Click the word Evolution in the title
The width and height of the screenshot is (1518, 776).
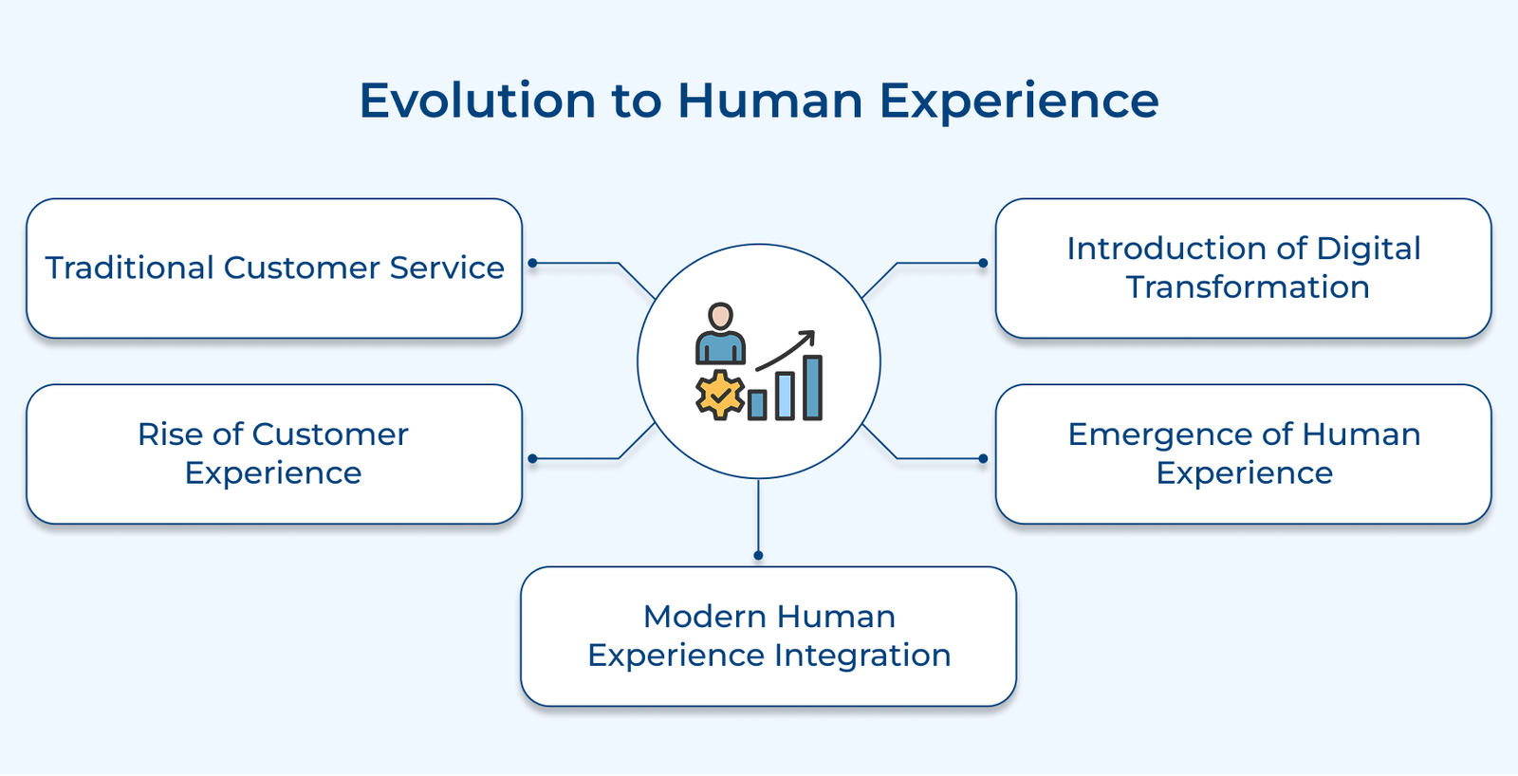click(477, 101)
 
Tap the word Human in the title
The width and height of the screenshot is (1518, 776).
click(769, 101)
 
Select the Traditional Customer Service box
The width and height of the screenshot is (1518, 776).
click(274, 268)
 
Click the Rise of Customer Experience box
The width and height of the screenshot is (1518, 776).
click(274, 453)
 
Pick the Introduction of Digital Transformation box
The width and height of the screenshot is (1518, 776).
click(1243, 268)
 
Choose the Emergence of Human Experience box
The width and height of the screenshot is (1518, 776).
click(1243, 453)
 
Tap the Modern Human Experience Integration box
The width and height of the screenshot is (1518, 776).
click(768, 637)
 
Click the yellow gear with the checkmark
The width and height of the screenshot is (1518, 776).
click(720, 394)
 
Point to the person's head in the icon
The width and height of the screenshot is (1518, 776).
click(721, 316)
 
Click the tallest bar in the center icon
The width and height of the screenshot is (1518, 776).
click(813, 387)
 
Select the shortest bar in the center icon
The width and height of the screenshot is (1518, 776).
click(757, 405)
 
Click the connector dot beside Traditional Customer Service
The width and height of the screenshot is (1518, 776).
click(533, 263)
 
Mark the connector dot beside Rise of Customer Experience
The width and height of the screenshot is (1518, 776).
click(533, 459)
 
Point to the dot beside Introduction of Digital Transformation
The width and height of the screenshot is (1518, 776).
click(983, 263)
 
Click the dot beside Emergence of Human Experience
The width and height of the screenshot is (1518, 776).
click(983, 459)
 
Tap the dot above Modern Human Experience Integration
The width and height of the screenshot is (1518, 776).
click(758, 555)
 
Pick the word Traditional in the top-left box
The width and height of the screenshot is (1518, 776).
click(129, 268)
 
